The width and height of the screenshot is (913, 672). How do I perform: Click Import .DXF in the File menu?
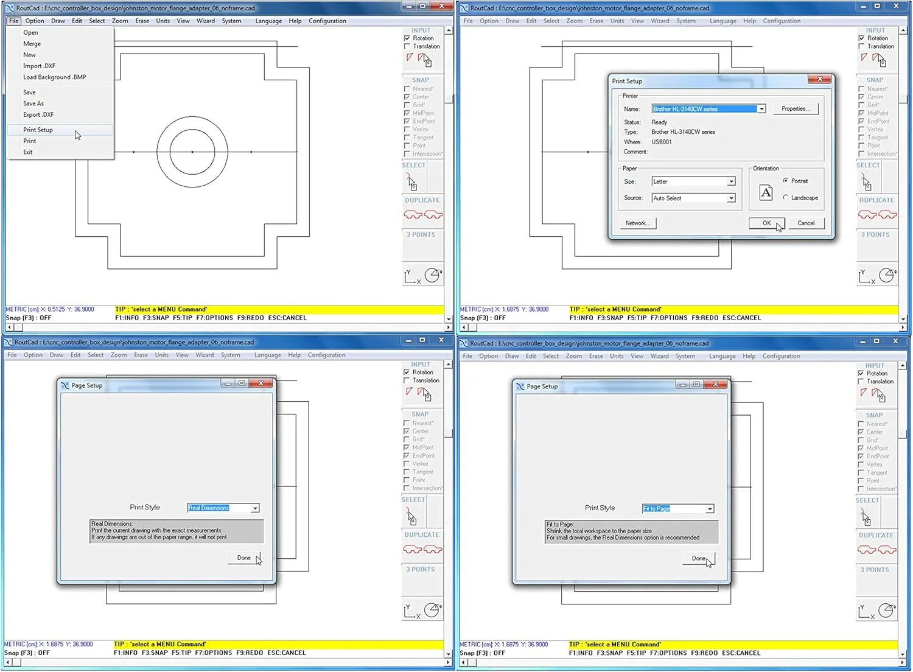(x=39, y=66)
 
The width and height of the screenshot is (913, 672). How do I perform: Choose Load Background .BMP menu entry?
(x=54, y=77)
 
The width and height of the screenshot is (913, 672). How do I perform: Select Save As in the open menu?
(x=33, y=103)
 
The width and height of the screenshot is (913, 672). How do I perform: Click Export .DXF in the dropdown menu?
(x=38, y=114)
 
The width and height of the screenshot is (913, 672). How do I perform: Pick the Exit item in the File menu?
(x=28, y=152)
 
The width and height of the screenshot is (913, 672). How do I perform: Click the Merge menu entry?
(x=32, y=44)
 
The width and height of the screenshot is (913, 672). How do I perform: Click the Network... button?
(x=637, y=223)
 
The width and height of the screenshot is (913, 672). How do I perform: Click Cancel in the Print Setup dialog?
(x=806, y=223)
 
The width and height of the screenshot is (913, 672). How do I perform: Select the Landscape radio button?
(x=786, y=197)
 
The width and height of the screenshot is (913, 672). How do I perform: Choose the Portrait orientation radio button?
(x=786, y=181)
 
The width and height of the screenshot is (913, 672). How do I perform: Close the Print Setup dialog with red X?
(x=820, y=79)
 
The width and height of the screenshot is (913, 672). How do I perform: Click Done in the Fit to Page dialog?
(x=698, y=559)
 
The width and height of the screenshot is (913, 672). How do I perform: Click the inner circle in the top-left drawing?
(x=170, y=152)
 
